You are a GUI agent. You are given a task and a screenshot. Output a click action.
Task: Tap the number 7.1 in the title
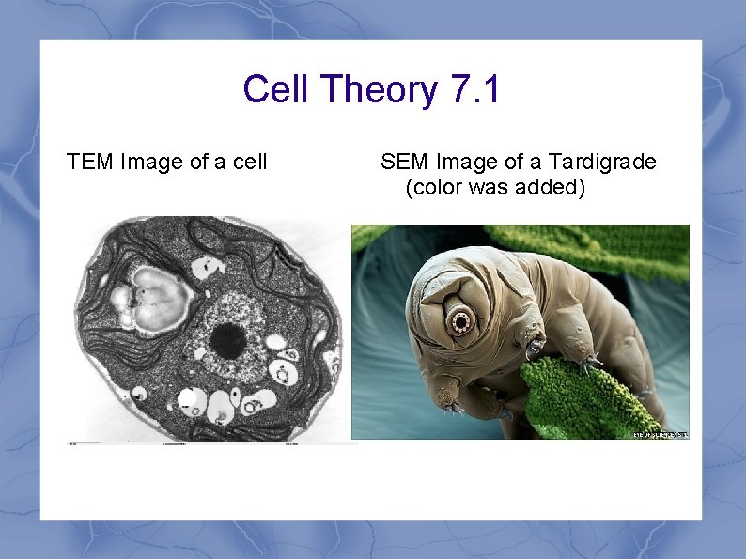point(475,90)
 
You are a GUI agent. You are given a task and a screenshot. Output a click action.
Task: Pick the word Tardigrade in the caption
point(604,163)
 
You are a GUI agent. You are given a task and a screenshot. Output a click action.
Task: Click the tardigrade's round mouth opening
point(461,322)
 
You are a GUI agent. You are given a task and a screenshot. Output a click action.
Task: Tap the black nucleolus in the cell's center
point(226,339)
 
